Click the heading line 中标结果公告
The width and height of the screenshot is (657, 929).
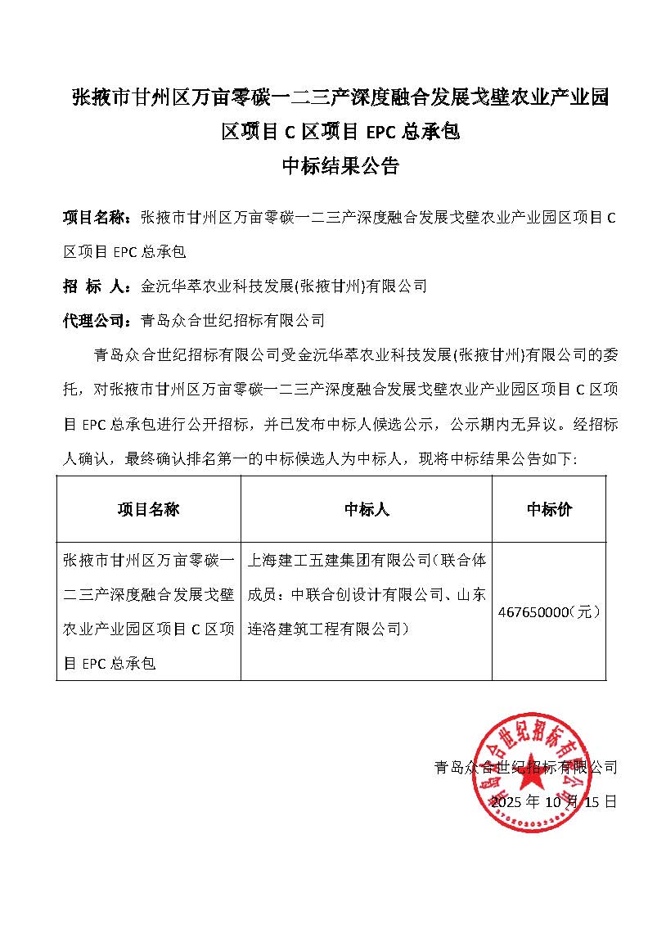pos(340,167)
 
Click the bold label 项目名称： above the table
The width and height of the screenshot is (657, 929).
pos(97,218)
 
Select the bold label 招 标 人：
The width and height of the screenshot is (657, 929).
pos(97,286)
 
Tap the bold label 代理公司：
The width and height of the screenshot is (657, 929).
pos(97,320)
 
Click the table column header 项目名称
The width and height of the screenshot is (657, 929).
pos(148,509)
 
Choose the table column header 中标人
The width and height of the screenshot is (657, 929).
pos(367,509)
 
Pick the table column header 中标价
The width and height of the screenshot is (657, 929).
pos(549,509)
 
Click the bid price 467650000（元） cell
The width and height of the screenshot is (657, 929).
pos(549,611)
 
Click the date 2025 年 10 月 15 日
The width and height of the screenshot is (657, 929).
pos(553,800)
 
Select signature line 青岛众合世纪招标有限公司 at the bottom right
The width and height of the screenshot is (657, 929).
pos(525,767)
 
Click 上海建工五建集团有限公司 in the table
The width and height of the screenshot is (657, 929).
pos(339,561)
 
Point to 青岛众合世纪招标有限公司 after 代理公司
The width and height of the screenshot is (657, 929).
pos(233,320)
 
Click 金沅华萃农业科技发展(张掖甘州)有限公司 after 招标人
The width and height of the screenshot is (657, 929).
pos(284,286)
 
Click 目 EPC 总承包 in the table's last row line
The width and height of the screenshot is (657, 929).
pos(109,663)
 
